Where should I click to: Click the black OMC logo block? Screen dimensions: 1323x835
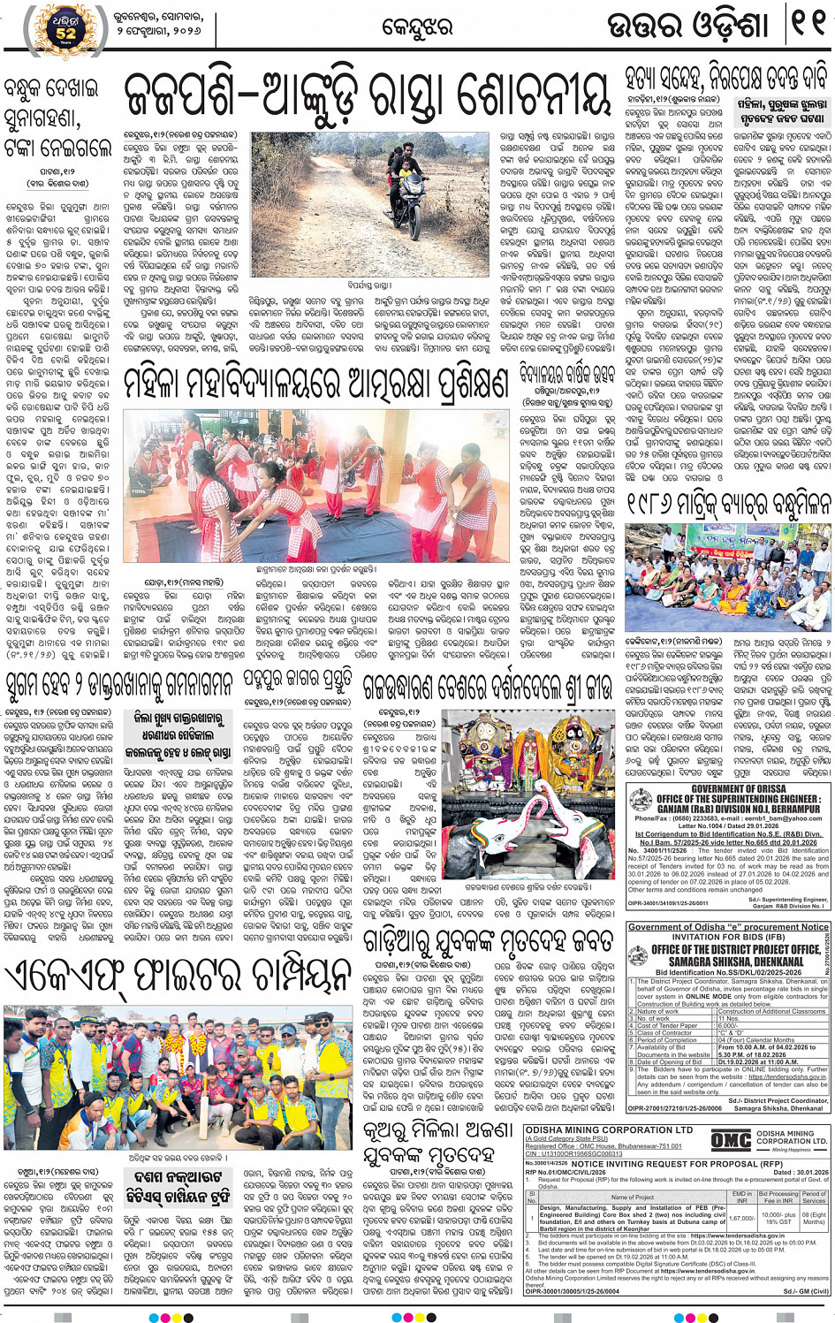click(731, 1141)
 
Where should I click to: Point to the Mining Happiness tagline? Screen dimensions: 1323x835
click(792, 1149)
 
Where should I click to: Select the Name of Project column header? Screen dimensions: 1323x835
click(632, 1197)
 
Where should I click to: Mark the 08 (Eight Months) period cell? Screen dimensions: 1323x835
click(814, 1218)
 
